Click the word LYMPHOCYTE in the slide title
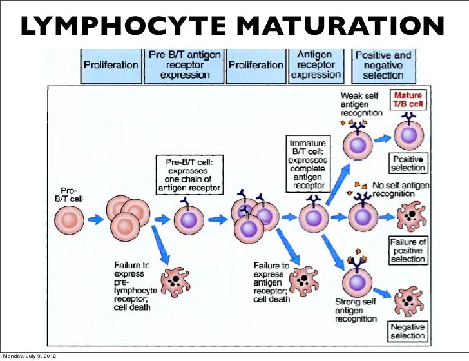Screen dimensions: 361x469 click(x=124, y=25)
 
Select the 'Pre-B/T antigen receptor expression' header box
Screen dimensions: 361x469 click(x=184, y=66)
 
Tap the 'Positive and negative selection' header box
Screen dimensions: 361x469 click(x=383, y=66)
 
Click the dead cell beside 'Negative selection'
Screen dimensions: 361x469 click(x=408, y=300)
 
